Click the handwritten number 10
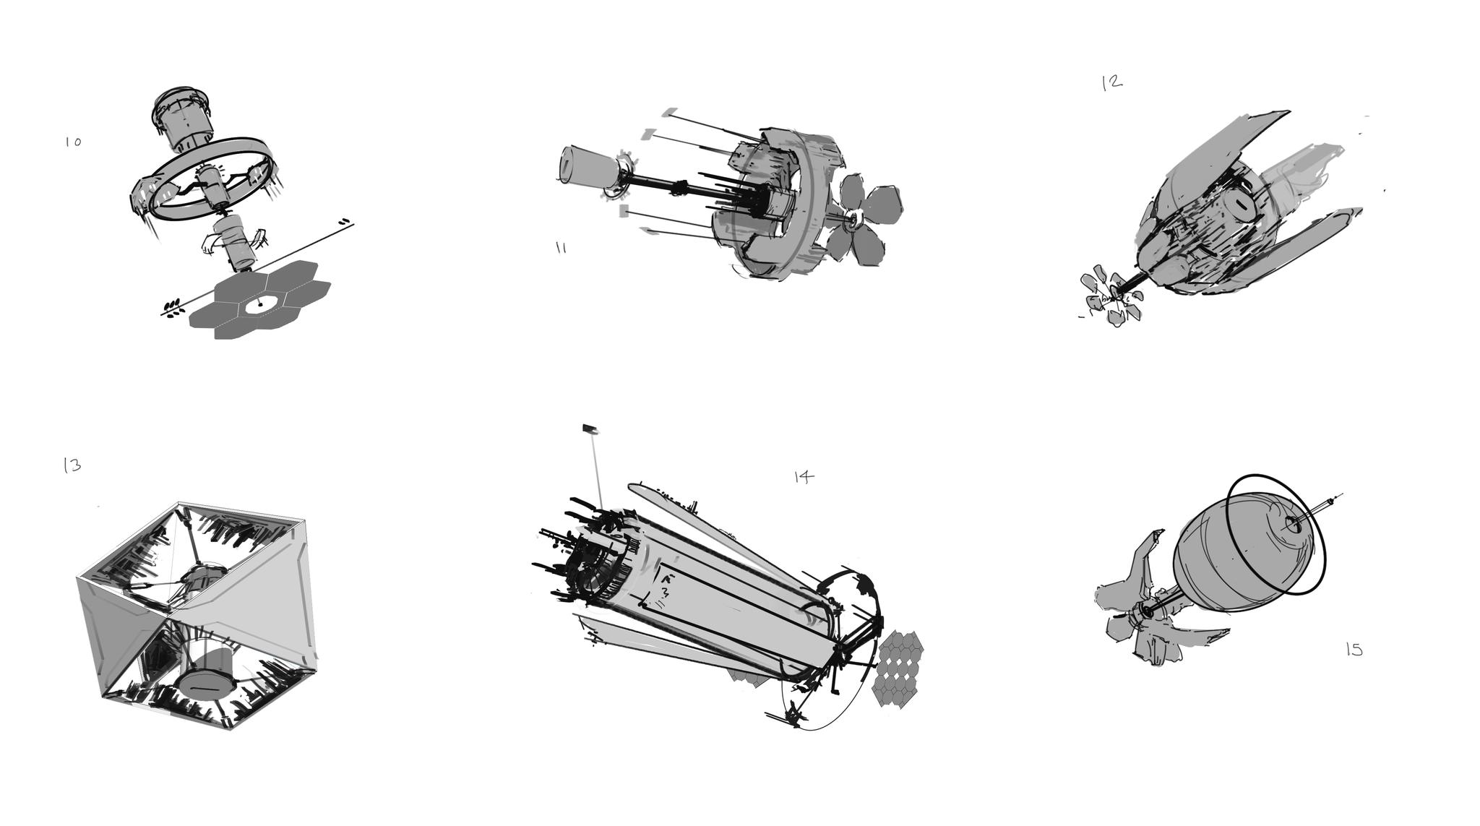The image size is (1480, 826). click(73, 142)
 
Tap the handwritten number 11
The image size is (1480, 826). click(561, 248)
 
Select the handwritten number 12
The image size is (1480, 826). click(1112, 82)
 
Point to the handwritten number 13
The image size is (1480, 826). click(72, 465)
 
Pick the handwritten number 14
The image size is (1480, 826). click(804, 477)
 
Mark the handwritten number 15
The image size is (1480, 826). click(1354, 650)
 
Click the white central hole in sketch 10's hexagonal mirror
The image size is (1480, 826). click(258, 304)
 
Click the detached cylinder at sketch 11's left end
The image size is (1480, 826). click(589, 168)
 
